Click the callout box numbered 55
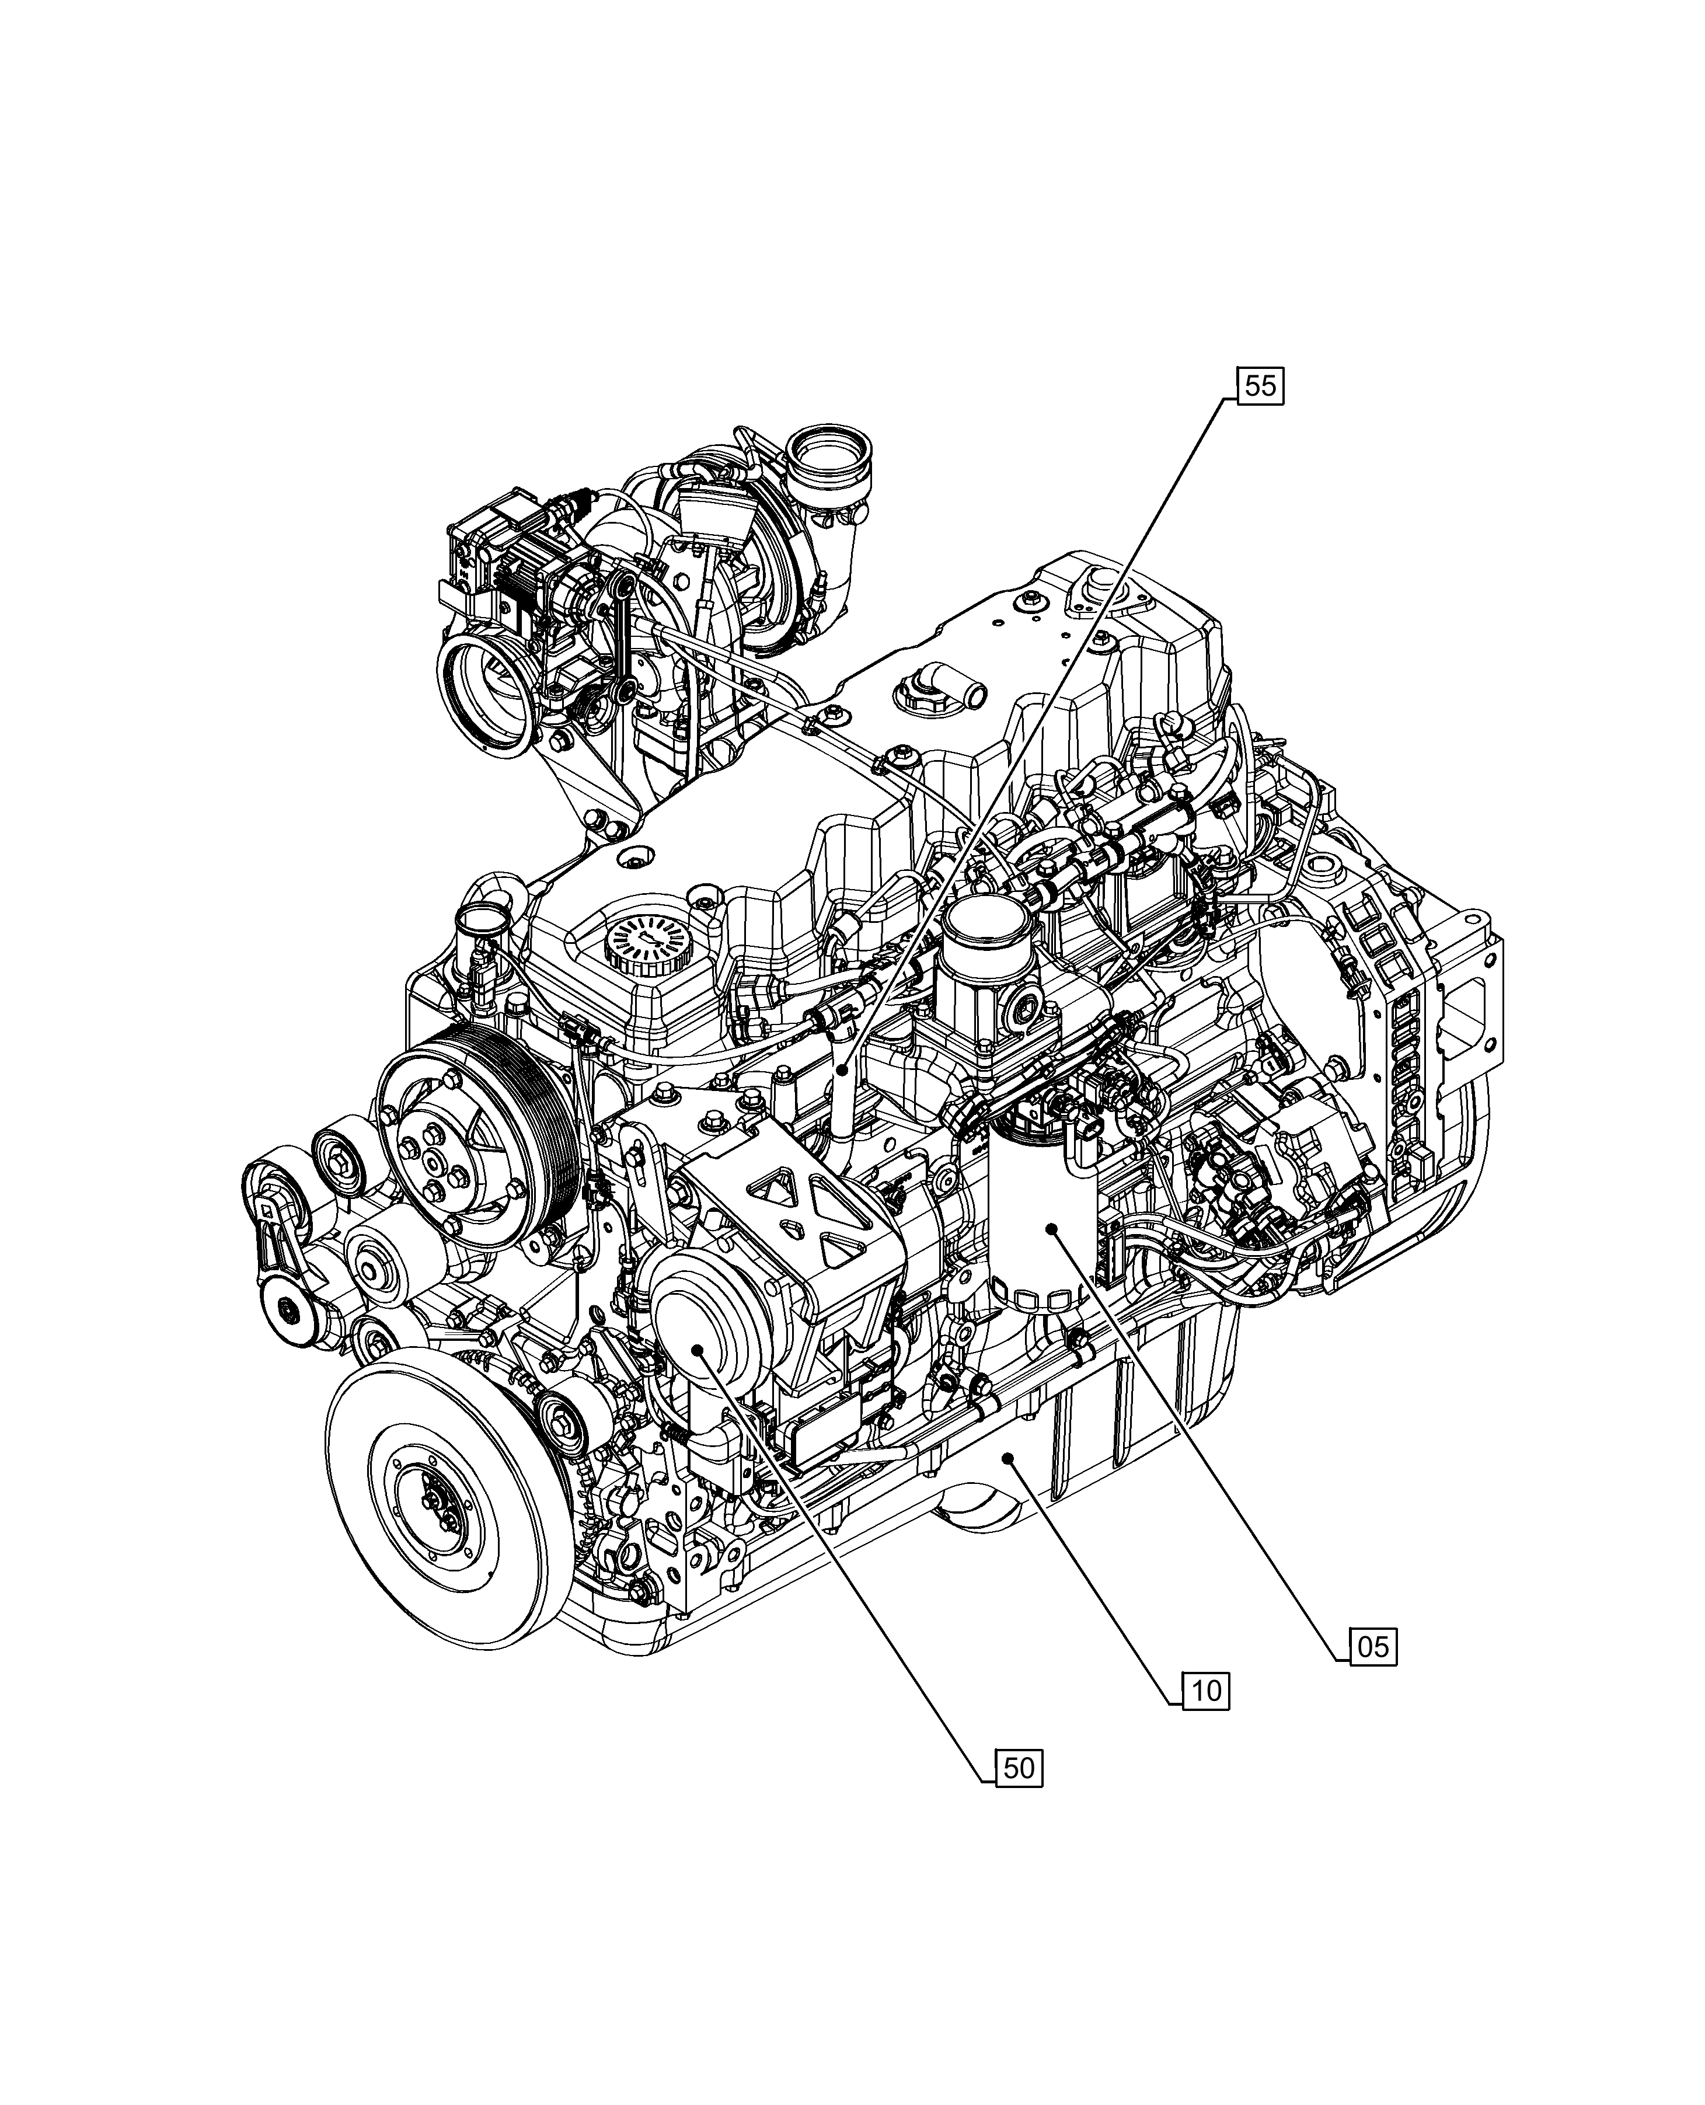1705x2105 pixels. click(1260, 386)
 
